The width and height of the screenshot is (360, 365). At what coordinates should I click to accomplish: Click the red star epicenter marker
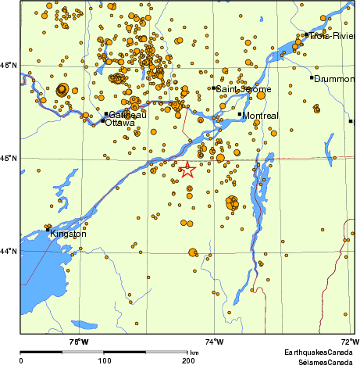pyautogui.click(x=187, y=170)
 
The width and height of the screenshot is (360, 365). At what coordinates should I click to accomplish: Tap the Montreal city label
pyautogui.click(x=260, y=116)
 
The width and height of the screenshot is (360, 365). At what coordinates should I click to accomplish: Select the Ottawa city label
pyautogui.click(x=119, y=122)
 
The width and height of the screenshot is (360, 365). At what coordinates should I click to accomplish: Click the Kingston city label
pyautogui.click(x=68, y=234)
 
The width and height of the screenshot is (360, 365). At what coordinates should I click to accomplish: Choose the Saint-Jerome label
pyautogui.click(x=244, y=89)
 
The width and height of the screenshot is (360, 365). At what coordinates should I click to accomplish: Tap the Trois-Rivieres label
pyautogui.click(x=333, y=36)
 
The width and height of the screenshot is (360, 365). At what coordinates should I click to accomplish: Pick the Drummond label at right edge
pyautogui.click(x=334, y=79)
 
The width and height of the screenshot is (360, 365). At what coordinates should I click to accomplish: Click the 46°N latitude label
pyautogui.click(x=8, y=65)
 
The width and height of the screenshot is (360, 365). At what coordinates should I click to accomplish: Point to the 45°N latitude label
pyautogui.click(x=8, y=159)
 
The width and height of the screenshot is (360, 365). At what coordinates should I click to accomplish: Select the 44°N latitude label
pyautogui.click(x=8, y=251)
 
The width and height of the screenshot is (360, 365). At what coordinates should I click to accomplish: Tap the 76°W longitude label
pyautogui.click(x=78, y=341)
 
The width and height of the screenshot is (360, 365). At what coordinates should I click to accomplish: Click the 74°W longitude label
pyautogui.click(x=214, y=341)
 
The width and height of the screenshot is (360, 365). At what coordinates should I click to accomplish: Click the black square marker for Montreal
pyautogui.click(x=240, y=115)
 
